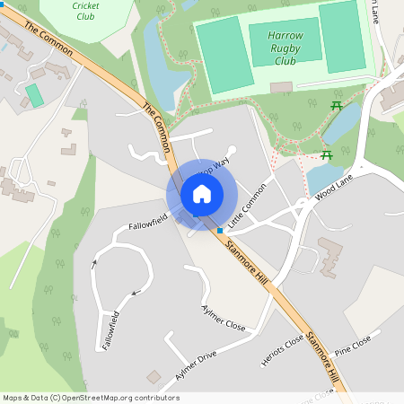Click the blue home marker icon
coord(202,194)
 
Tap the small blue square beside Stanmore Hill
coord(220,231)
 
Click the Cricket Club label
coord(84,11)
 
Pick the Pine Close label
coord(353,345)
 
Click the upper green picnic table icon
coord(337,107)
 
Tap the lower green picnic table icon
coord(327,154)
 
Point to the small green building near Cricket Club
coord(34,94)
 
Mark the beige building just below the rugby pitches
coord(281,87)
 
